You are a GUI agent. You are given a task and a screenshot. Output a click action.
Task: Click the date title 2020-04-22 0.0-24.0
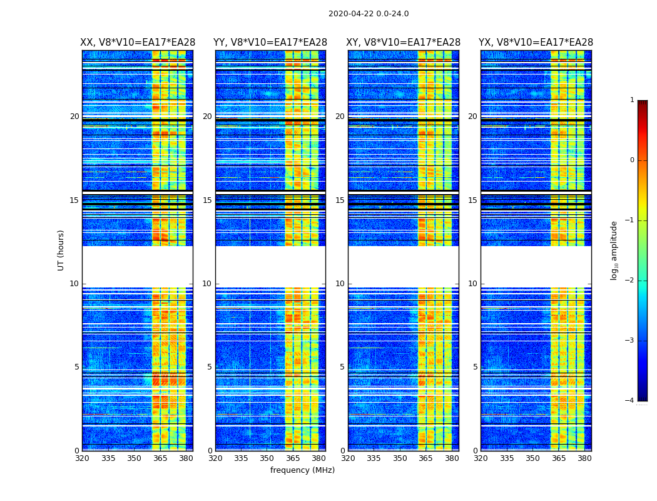click(x=369, y=14)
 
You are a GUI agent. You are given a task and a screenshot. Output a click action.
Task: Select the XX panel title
click(x=138, y=43)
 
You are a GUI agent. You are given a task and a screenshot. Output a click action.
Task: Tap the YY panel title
click(x=270, y=43)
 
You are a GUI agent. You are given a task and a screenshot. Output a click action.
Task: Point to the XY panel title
click(x=404, y=43)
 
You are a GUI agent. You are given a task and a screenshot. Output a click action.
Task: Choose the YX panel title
click(x=536, y=43)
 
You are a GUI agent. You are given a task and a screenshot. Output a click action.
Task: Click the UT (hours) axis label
click(x=61, y=250)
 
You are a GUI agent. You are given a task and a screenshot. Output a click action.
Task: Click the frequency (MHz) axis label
click(x=302, y=470)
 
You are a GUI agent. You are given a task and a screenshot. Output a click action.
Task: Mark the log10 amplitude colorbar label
click(x=614, y=250)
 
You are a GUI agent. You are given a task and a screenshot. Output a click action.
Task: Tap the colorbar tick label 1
click(x=632, y=100)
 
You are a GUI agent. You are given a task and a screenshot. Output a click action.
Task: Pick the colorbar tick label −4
click(x=630, y=401)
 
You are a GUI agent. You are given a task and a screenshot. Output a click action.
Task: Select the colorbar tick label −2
click(x=630, y=281)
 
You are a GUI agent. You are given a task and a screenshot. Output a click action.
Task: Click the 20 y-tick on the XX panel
click(x=74, y=116)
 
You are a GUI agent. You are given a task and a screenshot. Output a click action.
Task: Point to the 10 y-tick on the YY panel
click(x=207, y=284)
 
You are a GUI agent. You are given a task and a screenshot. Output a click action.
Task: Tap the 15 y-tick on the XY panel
click(x=340, y=200)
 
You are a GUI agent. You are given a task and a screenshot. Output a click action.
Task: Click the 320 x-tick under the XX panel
click(x=82, y=458)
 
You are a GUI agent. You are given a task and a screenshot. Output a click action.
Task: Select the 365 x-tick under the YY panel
click(x=293, y=458)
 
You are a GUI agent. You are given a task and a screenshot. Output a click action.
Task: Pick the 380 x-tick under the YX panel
click(x=584, y=458)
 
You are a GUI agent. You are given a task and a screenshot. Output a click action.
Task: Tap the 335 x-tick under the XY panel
click(x=374, y=458)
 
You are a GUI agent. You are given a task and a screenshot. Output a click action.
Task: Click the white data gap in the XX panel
click(x=137, y=266)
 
